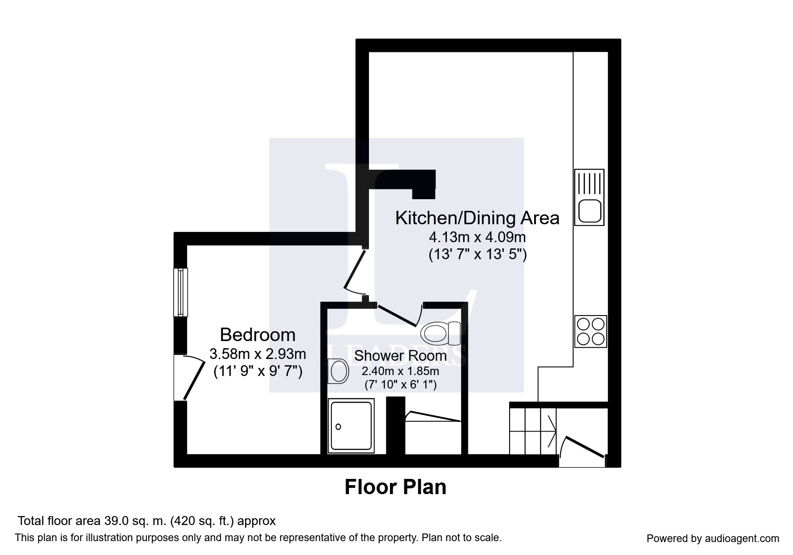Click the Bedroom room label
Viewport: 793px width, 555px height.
pos(258,335)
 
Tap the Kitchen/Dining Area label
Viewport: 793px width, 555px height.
pos(477,218)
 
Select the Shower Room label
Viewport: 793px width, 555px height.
pos(400,355)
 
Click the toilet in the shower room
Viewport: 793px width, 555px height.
pos(441,333)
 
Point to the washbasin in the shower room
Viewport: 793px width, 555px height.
pos(338,371)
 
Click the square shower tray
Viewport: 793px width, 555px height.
pos(351,426)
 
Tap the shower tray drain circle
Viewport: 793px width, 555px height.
pos(339,427)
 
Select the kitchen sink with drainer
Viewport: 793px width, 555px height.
pos(590,197)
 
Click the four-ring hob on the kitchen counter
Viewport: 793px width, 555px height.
pos(591,331)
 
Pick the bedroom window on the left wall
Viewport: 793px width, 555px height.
pos(180,292)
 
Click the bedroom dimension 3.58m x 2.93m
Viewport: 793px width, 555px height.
pos(258,354)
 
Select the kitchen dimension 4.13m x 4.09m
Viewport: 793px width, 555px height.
pos(477,236)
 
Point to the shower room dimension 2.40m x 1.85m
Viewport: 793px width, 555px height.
pos(400,371)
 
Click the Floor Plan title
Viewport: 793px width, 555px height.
pos(395,487)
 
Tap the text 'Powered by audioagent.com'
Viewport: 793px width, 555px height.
pos(713,538)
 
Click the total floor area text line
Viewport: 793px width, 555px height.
pos(146,521)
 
